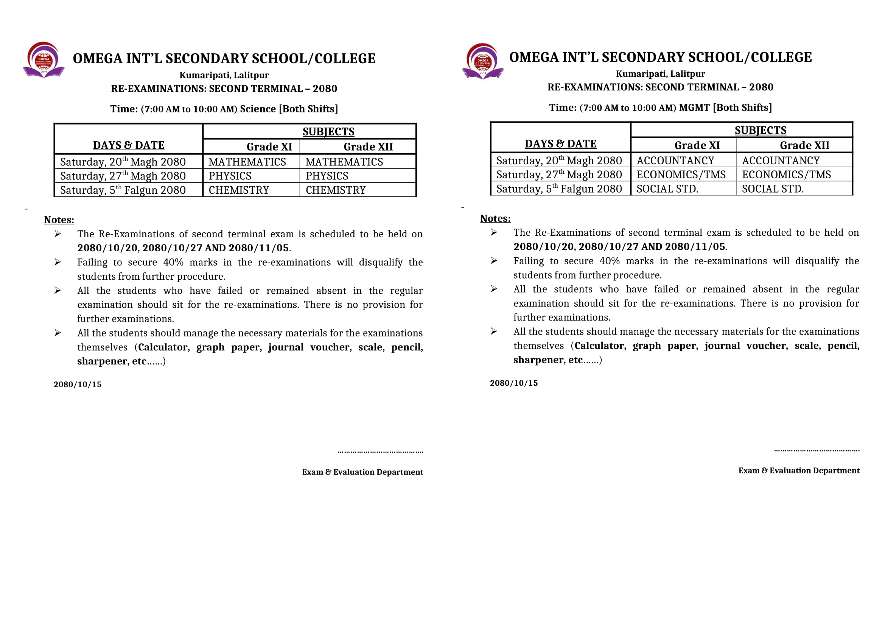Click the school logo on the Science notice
[x=44, y=60]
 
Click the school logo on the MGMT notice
[x=482, y=61]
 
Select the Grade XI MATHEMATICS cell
[x=247, y=162]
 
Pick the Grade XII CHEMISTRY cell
[x=335, y=190]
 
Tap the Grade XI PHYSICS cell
[x=230, y=176]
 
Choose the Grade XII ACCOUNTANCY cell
[x=781, y=161]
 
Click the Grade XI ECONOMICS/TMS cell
[x=681, y=174]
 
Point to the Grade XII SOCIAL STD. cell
[x=773, y=189]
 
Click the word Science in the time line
[x=258, y=109]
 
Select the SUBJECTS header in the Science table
[x=328, y=132]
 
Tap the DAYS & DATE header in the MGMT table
[x=560, y=144]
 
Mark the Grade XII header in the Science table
[x=368, y=147]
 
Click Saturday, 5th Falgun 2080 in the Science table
[x=123, y=190]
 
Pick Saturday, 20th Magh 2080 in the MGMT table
[x=559, y=161]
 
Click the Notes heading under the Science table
[x=59, y=220]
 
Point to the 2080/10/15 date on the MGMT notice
[x=514, y=383]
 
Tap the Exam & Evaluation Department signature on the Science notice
[x=362, y=472]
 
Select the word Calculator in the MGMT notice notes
[x=599, y=346]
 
